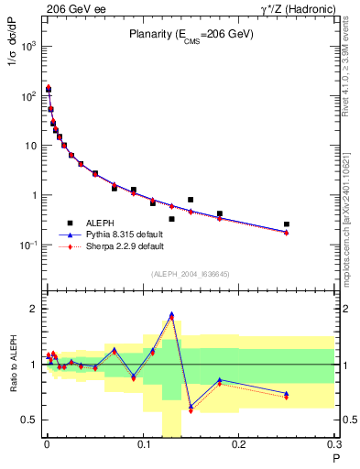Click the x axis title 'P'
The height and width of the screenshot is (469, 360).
click(x=335, y=458)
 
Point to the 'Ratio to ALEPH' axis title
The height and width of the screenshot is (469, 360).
click(x=12, y=364)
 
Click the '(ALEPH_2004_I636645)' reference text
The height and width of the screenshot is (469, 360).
click(x=190, y=274)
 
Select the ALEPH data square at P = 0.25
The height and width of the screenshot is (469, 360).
click(x=287, y=224)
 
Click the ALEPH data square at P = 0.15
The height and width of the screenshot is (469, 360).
click(x=191, y=200)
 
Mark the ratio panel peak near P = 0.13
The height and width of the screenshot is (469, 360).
click(x=171, y=315)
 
